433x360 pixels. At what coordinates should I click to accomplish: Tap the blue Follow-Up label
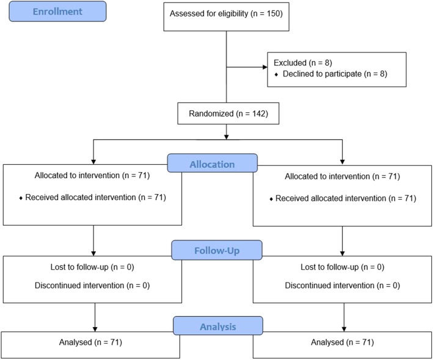pos(217,250)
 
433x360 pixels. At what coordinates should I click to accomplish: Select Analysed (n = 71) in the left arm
pos(93,343)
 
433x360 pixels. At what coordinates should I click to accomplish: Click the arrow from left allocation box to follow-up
pos(93,241)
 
